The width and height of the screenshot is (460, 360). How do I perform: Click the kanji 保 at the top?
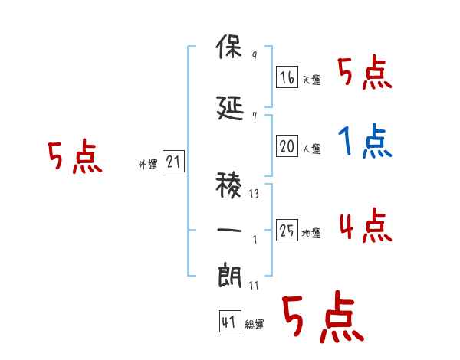coord(229,46)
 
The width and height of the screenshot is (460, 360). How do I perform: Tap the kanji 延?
coord(230,108)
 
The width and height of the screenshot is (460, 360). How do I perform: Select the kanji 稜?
coord(228,185)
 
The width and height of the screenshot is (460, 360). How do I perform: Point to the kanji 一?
coord(229,230)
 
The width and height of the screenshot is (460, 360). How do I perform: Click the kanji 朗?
coord(229,275)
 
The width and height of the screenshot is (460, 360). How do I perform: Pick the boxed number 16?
coord(287,77)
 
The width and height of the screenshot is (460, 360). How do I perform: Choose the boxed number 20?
coord(287,146)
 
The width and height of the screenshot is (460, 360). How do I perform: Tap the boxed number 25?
coord(287,230)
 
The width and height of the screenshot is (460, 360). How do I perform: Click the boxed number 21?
coord(173,161)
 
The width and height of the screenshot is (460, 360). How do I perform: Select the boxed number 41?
coord(230,321)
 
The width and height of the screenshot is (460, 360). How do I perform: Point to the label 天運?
coord(311,80)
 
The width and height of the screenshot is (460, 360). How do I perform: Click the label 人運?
coord(311,149)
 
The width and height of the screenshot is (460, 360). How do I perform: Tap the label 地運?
coord(311,233)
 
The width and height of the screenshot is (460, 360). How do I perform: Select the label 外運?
coord(148,165)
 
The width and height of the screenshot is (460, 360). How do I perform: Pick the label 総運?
coord(255,324)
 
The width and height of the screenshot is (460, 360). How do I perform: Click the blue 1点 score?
coord(365,141)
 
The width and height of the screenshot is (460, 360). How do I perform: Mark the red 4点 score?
coord(366,225)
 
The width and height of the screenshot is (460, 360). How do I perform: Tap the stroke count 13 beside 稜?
coord(254,194)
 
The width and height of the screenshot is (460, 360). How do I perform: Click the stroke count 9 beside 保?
coord(255,55)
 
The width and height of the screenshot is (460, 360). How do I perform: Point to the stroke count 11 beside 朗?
coord(254,285)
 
